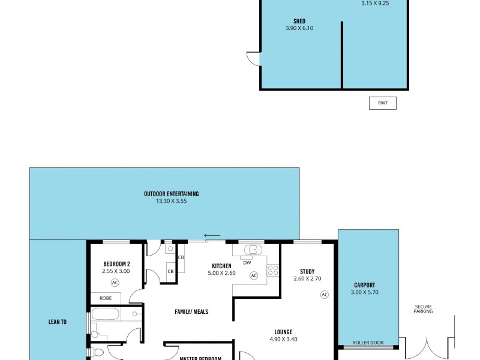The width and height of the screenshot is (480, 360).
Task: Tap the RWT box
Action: [382, 103]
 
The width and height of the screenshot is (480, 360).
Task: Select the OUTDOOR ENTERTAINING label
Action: [171, 194]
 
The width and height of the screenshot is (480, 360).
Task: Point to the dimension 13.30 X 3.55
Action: [171, 201]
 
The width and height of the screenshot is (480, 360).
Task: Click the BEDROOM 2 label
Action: [116, 264]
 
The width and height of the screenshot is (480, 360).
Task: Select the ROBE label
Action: [105, 298]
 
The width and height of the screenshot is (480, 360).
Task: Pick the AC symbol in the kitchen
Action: [253, 275]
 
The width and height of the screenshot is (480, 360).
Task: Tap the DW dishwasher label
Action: [247, 262]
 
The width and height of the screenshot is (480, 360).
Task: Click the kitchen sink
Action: [251, 249]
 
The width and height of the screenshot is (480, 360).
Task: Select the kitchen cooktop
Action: [273, 270]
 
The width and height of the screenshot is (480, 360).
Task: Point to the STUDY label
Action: [307, 271]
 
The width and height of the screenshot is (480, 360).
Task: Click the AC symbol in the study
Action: [325, 294]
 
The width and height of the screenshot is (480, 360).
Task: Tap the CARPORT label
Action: [365, 286]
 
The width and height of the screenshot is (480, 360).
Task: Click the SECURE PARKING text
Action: [424, 308]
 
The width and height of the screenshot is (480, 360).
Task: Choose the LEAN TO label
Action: [58, 322]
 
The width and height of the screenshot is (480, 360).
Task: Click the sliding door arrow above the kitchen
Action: [212, 235]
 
